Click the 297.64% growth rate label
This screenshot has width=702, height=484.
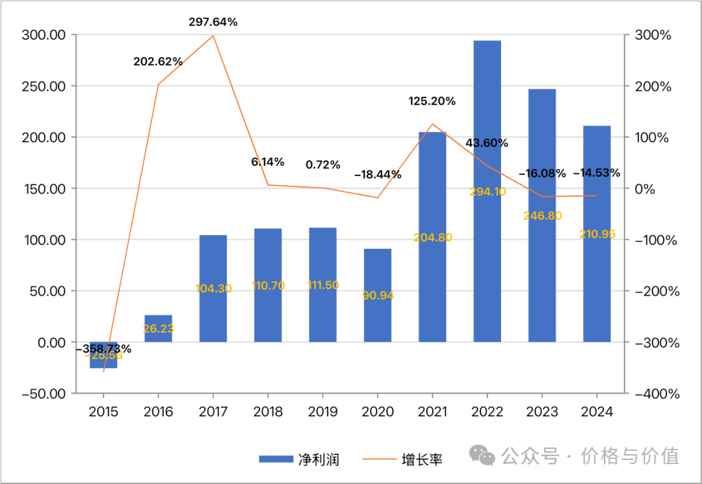[x=213, y=22]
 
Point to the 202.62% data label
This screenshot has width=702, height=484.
[x=158, y=62]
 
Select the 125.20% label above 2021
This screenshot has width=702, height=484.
[x=432, y=101]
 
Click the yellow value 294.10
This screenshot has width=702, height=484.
[x=487, y=192]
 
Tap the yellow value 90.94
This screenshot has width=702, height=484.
[x=378, y=295]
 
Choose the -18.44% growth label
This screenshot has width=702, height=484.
[x=378, y=175]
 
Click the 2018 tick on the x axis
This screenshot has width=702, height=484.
[x=268, y=412]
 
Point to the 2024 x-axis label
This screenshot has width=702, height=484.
[x=597, y=412]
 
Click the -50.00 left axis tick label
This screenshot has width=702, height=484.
[x=44, y=394]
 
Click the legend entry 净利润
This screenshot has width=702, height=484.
[x=299, y=459]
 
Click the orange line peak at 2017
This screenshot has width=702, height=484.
[x=213, y=36]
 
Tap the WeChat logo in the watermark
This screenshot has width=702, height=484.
[x=483, y=455]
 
